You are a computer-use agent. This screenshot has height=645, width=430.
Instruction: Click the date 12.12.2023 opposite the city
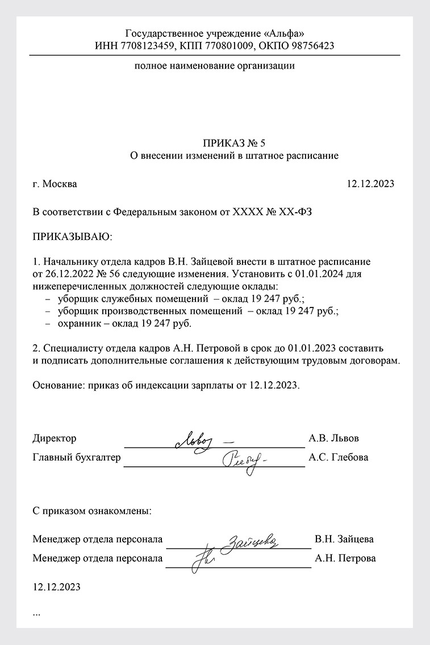(x=370, y=184)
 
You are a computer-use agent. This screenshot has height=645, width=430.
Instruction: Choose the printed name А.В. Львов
(x=333, y=439)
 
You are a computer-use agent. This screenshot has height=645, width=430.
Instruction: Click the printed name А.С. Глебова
(x=338, y=457)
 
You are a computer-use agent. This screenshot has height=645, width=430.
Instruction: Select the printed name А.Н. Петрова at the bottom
(x=345, y=558)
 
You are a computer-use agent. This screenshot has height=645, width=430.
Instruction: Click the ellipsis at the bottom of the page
(x=37, y=614)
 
